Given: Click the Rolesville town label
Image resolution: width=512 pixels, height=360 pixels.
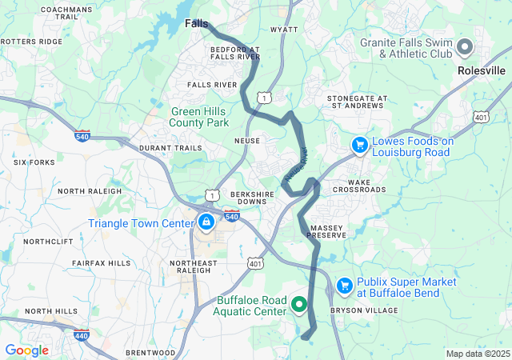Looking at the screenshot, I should [x=481, y=70].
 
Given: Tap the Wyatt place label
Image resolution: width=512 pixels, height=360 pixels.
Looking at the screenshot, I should [x=284, y=30].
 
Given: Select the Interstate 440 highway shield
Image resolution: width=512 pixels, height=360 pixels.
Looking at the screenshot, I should [x=82, y=337].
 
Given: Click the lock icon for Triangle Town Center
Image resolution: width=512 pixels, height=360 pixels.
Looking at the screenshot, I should [x=206, y=222].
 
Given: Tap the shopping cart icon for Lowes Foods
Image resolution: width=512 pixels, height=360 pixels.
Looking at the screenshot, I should [x=360, y=145].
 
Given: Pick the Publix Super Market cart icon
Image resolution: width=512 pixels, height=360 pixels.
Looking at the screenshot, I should [x=345, y=286].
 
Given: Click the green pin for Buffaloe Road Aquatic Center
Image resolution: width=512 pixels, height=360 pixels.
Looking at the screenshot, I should [x=299, y=304].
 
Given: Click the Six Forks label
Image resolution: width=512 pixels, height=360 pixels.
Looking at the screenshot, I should [x=34, y=162].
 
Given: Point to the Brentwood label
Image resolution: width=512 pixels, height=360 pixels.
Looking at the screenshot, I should [x=150, y=352].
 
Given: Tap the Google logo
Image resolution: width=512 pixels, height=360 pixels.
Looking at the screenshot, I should [x=26, y=350].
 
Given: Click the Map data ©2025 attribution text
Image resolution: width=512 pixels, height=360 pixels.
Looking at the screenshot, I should [x=477, y=354].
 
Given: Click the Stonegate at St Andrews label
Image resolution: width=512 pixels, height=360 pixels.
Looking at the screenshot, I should [x=357, y=102].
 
